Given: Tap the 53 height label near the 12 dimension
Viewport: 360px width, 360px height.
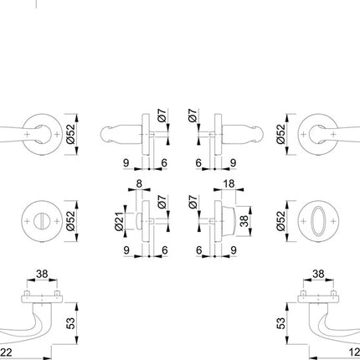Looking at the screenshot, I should click(x=282, y=321).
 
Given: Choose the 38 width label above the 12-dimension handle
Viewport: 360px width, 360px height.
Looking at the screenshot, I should click(x=318, y=273).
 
